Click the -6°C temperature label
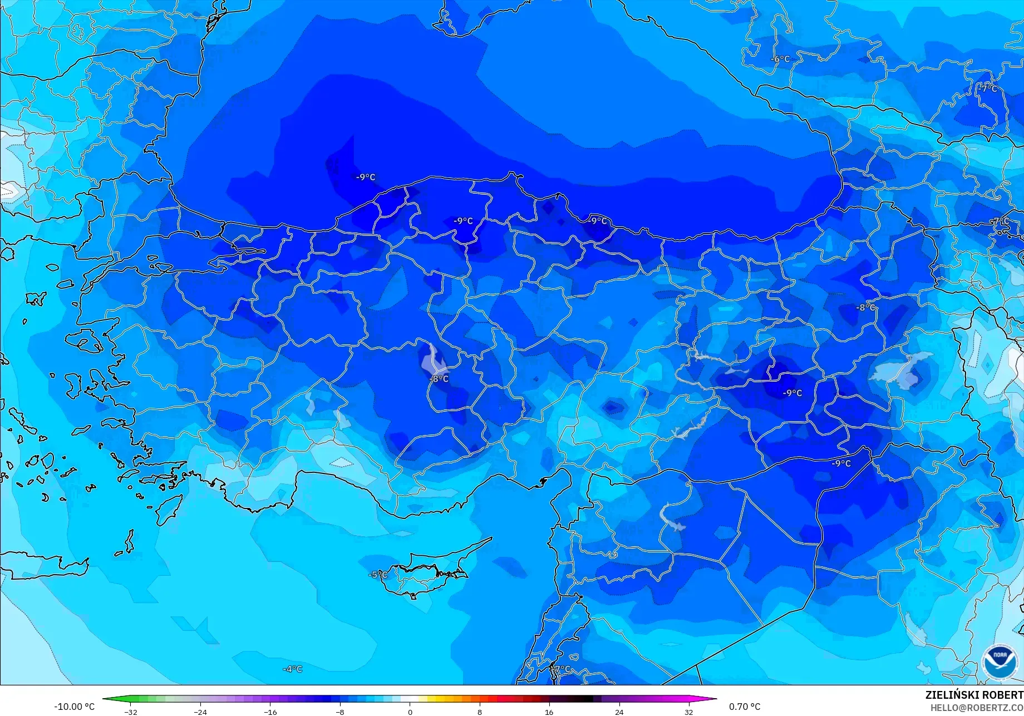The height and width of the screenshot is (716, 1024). pos(780,59)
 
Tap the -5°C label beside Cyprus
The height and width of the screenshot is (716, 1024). pos(378,575)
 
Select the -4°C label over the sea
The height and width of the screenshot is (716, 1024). pos(292,669)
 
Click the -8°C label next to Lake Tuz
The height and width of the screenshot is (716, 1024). pos(439,379)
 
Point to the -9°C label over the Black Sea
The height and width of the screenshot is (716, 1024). pos(366,177)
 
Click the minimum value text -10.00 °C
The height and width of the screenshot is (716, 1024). pos(74,707)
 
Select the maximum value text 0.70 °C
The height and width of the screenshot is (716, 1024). pos(744,707)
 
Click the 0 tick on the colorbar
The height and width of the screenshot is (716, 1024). pos(410,712)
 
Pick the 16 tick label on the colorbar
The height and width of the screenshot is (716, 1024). pos(549,712)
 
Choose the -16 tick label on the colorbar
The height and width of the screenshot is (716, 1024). pos(270,712)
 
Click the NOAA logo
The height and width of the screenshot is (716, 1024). pos(1000,661)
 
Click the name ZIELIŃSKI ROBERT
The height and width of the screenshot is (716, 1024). pos(974,695)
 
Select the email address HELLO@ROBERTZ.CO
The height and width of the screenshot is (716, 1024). pos(977,707)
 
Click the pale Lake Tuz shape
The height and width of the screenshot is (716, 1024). pos(433,361)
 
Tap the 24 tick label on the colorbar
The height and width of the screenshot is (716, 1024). pos(619,712)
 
